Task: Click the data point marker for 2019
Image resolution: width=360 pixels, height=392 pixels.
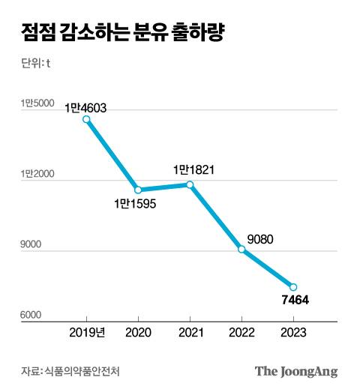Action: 86,119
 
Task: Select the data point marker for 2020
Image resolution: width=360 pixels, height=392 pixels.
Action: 138,190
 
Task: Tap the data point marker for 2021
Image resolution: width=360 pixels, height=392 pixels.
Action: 190,184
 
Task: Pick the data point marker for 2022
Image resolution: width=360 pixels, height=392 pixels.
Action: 241,249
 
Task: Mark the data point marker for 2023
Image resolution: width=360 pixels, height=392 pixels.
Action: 293,287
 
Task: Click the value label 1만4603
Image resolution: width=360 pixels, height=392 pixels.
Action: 85,108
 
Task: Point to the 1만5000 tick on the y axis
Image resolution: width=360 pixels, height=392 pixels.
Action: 37,103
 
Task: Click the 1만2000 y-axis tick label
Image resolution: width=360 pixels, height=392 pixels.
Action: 37,174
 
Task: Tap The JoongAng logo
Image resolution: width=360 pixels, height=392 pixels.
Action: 296,371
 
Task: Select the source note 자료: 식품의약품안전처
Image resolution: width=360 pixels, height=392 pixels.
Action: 71,371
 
